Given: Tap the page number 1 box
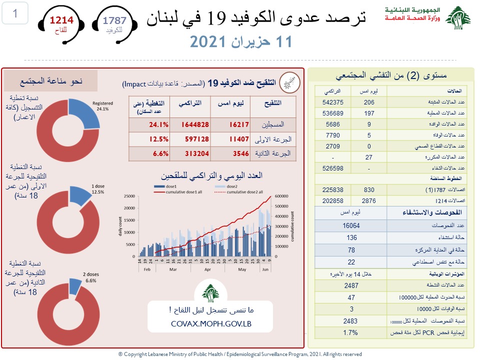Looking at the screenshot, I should pos(15,14).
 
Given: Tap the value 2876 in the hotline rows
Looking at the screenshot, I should pos(368,200).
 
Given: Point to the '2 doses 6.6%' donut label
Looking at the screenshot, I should pos(90,277).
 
